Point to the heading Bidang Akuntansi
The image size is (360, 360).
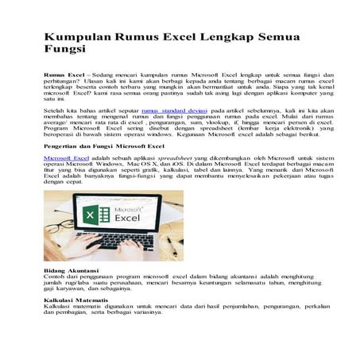(72, 271)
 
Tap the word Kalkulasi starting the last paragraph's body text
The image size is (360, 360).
(58, 306)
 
